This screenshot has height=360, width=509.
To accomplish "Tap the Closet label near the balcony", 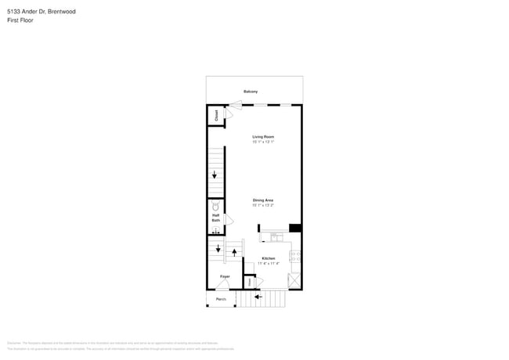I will (216, 114).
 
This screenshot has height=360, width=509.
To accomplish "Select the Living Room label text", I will (263, 137).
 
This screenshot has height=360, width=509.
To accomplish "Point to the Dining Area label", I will (263, 201).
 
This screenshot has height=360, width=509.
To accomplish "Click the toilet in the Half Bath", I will (216, 208).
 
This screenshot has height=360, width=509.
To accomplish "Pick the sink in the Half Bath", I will (216, 232).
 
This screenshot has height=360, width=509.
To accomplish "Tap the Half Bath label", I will (216, 218).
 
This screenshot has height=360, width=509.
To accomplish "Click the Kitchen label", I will (269, 258).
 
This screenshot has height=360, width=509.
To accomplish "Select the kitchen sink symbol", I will (276, 236).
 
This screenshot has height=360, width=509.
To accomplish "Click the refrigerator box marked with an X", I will (294, 280).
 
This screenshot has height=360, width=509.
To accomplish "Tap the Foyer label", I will (225, 277).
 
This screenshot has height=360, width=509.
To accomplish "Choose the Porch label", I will (221, 300).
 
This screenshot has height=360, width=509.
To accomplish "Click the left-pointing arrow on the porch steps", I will (259, 297).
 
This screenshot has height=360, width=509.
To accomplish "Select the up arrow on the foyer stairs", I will (233, 254).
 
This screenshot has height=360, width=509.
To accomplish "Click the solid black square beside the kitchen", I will (295, 228).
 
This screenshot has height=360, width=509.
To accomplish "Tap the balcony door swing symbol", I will (236, 106).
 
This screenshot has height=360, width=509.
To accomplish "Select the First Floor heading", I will (20, 20).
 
